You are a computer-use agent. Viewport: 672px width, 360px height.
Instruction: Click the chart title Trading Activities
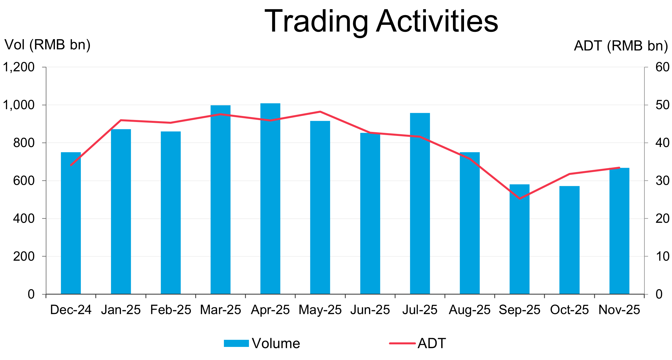381,22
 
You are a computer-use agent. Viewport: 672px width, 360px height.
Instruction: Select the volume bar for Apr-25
270,199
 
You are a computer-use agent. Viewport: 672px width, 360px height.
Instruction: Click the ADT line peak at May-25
320,111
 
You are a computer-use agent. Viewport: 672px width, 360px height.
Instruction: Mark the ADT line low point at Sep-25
520,198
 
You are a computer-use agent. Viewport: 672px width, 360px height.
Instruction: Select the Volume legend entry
262,344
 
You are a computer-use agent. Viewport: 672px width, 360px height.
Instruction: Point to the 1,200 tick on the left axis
18,67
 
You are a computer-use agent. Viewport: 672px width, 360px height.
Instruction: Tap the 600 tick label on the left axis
24,181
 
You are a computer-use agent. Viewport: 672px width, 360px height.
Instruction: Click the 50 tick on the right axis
662,105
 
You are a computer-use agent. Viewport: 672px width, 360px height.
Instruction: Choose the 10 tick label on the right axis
662,256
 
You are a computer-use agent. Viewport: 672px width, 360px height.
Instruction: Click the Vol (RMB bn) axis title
48,45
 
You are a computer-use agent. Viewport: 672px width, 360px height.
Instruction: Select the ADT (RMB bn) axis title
621,46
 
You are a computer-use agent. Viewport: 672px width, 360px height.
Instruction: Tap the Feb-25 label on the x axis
171,310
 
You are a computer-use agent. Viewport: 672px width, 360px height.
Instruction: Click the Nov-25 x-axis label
619,310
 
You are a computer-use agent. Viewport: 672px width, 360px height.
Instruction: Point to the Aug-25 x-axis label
470,310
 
